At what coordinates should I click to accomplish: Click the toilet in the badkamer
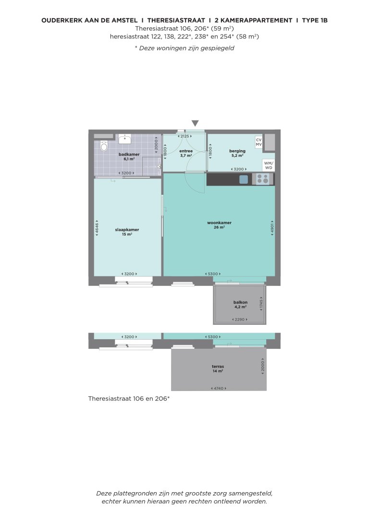click(x=104, y=146)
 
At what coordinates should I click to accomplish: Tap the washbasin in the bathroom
click(x=126, y=139)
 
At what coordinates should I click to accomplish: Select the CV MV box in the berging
click(x=258, y=142)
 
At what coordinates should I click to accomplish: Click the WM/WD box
click(x=269, y=165)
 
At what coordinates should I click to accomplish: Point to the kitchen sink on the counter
click(x=244, y=179)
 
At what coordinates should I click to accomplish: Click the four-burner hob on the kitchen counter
click(x=263, y=179)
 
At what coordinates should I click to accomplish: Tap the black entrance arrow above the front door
click(x=195, y=123)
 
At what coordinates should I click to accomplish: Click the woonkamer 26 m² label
click(x=219, y=225)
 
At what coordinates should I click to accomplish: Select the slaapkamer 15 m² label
click(x=127, y=232)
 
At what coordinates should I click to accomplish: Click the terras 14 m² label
click(x=218, y=368)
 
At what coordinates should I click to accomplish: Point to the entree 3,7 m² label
click(x=186, y=153)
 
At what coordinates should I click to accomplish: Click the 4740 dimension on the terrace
click(x=219, y=388)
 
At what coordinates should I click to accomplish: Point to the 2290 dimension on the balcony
click(x=240, y=320)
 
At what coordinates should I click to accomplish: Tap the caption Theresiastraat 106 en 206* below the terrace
click(x=129, y=398)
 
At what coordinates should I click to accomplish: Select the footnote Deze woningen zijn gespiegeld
click(x=184, y=48)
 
